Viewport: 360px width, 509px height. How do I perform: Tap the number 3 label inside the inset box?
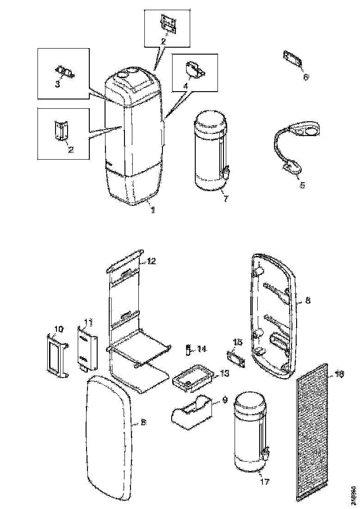(58, 85)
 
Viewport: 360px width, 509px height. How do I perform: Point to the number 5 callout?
(302, 185)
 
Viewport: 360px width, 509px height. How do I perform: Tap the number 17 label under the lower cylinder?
(264, 481)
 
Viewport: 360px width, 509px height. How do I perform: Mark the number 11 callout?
(88, 322)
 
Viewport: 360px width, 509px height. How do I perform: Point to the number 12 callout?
(152, 261)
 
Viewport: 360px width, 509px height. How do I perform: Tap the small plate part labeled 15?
(236, 359)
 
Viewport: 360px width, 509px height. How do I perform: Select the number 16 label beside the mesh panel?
(340, 374)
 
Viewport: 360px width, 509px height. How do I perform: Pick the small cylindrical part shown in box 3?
(65, 73)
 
